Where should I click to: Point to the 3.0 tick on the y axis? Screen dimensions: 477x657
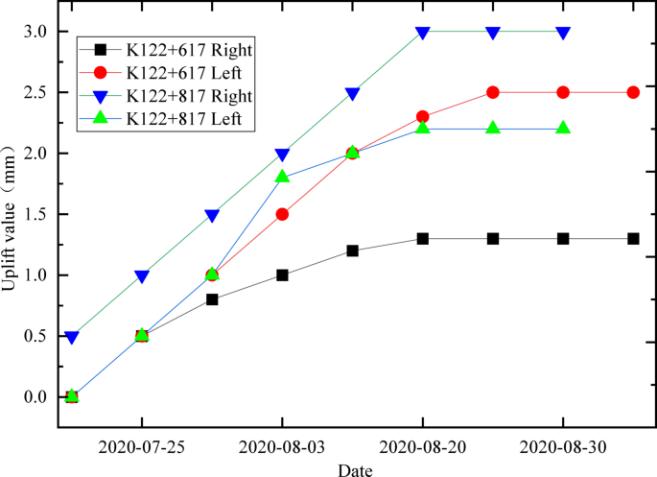pos(34,32)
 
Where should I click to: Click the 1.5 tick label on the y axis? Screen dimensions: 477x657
pos(34,214)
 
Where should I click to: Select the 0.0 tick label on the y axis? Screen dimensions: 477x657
pos(34,396)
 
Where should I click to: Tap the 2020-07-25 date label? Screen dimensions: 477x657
pos(142,446)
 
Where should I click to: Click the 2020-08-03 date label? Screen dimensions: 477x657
pos(282,446)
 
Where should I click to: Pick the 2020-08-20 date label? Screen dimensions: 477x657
pos(422,446)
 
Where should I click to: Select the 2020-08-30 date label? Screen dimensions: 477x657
pos(563,446)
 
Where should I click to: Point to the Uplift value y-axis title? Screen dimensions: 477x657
pos(12,214)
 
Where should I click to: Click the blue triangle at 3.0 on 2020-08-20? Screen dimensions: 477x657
pos(422,33)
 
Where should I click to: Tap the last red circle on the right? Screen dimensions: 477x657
pos(633,92)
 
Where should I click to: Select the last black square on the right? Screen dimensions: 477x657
pos(633,238)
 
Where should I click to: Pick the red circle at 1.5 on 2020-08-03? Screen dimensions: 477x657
pos(282,214)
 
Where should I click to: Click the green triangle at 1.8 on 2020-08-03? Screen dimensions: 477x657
pos(282,177)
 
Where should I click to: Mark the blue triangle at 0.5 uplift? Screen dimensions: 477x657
pos(71,337)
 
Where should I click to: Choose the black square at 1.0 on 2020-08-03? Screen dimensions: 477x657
pos(282,274)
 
